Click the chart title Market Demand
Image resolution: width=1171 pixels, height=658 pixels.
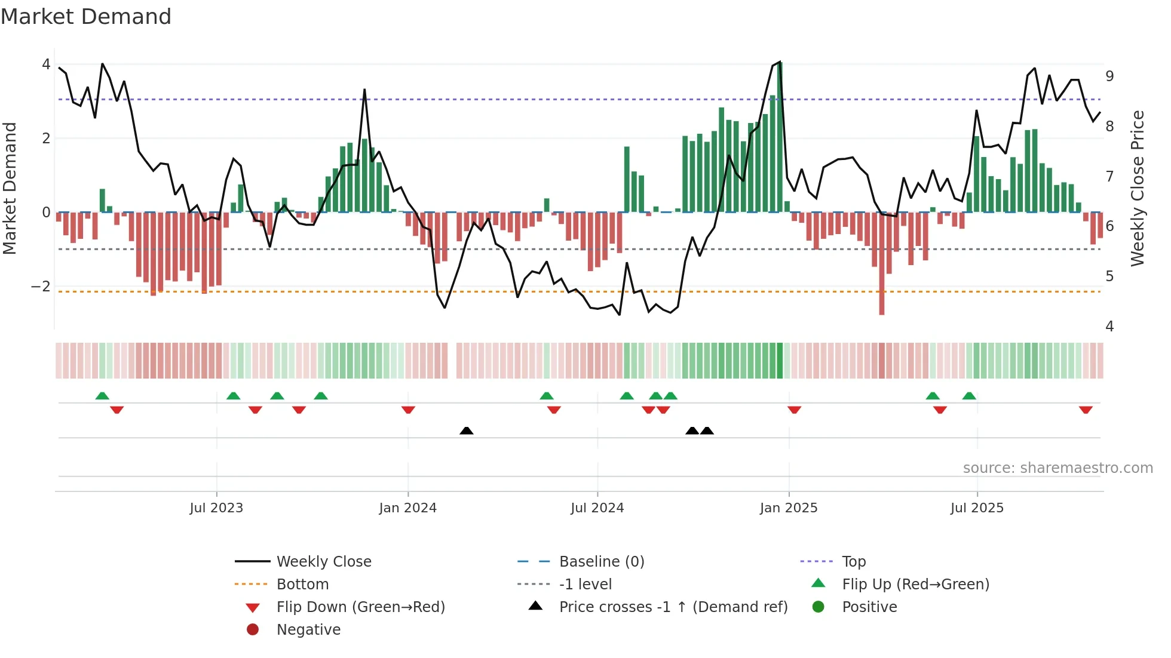86,17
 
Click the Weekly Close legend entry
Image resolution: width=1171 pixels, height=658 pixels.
323,562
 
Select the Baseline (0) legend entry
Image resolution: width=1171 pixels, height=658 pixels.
601,562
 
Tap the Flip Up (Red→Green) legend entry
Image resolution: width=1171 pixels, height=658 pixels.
915,585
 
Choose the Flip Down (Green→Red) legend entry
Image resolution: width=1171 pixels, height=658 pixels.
360,607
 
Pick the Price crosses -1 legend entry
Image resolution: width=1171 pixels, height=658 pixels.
673,607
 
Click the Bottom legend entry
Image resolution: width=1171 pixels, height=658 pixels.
302,585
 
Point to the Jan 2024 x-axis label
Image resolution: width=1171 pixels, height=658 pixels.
407,508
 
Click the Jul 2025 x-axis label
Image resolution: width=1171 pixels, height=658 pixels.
977,508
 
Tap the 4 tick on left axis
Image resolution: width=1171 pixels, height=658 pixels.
46,64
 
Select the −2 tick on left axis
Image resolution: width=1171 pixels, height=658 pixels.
41,287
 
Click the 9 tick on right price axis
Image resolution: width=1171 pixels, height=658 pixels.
1109,76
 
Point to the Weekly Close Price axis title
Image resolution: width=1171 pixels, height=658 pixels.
1138,188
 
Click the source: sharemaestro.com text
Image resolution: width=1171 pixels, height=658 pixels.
1057,468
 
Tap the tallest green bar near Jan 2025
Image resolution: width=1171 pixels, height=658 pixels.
780,137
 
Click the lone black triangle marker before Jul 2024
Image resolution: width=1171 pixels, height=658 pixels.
467,431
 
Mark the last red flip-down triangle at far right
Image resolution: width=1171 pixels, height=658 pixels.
1086,410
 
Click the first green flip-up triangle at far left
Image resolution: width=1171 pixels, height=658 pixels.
102,396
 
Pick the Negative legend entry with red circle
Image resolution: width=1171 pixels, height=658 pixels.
308,630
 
